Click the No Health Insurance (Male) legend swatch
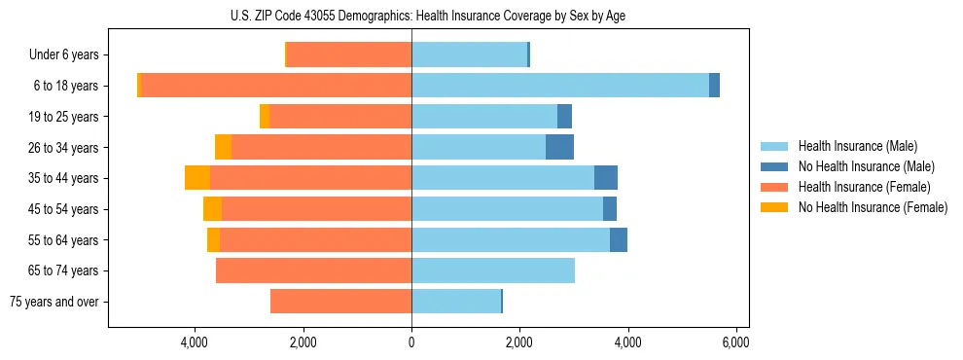774,166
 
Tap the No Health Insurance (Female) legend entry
873,207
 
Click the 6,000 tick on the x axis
735,342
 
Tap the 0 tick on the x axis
411,342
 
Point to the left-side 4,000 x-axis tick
195,342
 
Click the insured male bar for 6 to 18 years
559,86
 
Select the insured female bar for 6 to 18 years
276,86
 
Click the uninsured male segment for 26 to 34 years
559,147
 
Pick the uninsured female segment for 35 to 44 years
197,178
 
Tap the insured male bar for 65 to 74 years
493,270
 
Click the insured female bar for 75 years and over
340,302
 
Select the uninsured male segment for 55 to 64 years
619,239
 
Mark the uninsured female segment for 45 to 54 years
212,209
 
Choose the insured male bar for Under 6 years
469,54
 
